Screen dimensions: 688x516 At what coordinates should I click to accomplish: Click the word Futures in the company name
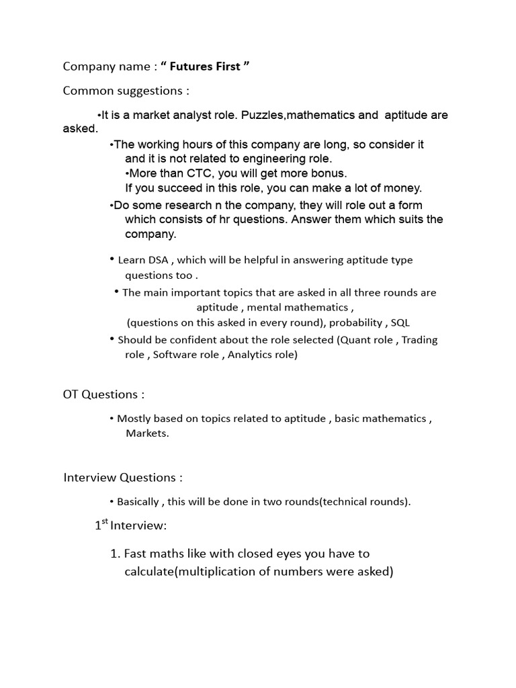click(192, 67)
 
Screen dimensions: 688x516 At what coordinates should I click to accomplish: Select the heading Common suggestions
click(126, 91)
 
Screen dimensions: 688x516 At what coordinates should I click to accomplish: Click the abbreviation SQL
click(400, 322)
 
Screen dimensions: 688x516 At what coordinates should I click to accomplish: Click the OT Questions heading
click(103, 394)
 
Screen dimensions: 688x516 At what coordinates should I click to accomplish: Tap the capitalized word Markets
click(147, 433)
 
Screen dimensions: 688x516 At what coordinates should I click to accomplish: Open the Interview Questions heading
click(123, 478)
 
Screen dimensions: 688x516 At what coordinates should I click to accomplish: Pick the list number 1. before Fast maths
click(114, 554)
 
